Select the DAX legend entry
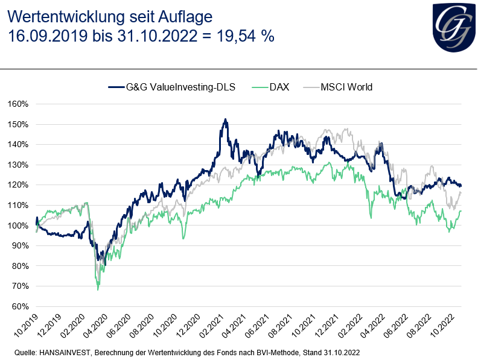click(279, 87)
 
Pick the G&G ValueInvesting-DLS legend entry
click(180, 87)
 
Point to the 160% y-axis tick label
click(18, 104)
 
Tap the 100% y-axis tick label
click(18, 226)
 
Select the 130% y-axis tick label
click(18, 165)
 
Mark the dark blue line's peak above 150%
click(225, 119)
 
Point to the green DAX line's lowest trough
click(98, 289)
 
